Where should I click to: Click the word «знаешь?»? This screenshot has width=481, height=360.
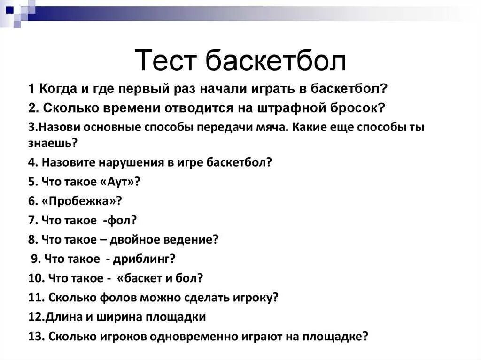click(x=53, y=142)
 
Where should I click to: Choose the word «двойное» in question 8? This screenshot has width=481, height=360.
click(x=135, y=239)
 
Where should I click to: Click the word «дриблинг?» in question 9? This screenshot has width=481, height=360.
click(x=150, y=259)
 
